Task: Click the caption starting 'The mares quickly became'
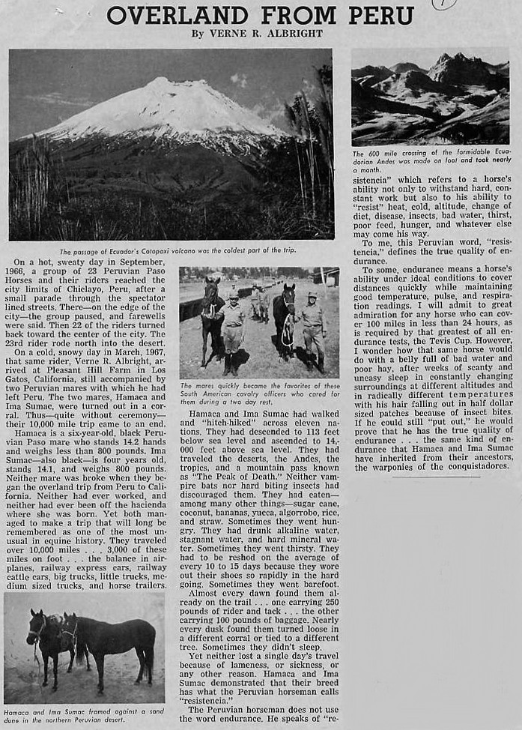[x=259, y=392]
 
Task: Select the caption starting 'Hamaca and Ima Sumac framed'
[x=82, y=716]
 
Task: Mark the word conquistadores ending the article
[x=472, y=468]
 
